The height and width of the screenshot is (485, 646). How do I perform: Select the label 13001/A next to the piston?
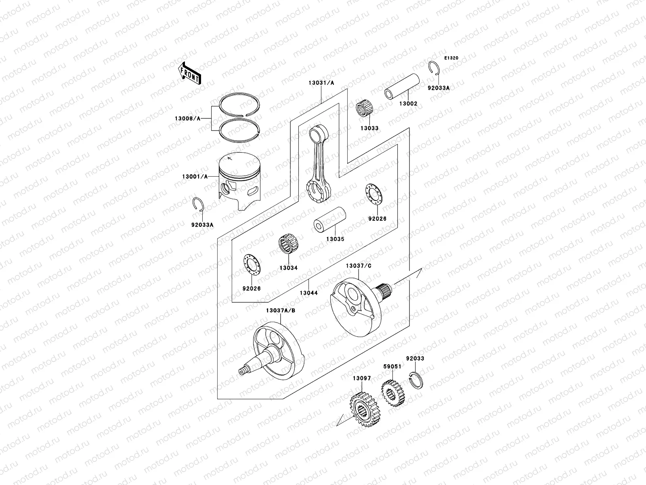point(195,177)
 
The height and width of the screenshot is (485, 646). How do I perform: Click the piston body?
point(239,178)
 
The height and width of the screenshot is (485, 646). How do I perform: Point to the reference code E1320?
point(452,58)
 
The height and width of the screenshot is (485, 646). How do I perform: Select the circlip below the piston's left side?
point(199,205)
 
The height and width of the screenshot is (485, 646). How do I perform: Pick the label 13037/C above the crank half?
point(358,266)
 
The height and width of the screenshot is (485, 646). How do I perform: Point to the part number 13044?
point(308,293)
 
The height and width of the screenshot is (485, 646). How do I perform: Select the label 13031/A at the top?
point(321,82)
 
